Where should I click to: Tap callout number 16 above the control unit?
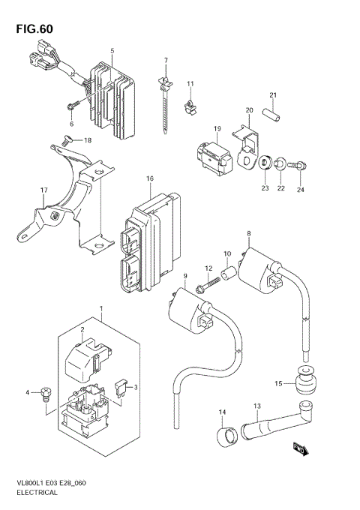click(x=149, y=178)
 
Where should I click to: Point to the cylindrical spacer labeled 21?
click(x=274, y=117)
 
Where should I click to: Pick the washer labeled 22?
click(x=279, y=161)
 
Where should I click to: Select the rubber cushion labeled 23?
click(x=264, y=160)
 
